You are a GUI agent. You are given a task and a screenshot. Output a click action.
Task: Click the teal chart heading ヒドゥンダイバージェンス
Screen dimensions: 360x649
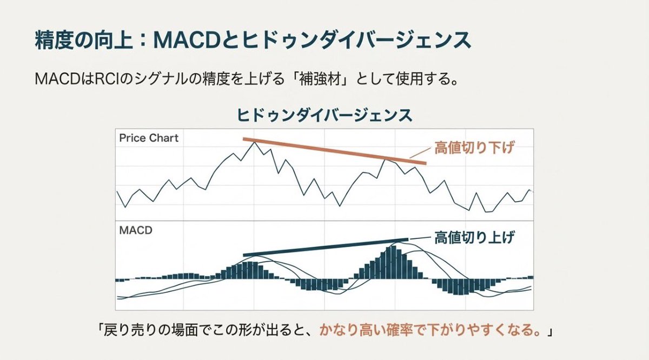(x=325, y=115)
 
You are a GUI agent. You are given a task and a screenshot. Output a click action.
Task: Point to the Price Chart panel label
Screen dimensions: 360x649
(x=149, y=138)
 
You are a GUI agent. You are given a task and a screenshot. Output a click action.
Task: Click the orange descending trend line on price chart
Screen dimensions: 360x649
(x=335, y=151)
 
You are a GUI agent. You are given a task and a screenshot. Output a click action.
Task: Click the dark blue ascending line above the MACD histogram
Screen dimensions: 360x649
(x=325, y=247)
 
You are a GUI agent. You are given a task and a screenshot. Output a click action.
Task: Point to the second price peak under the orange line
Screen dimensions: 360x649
(x=386, y=159)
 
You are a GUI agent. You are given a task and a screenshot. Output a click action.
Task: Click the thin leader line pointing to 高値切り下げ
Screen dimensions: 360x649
(x=418, y=154)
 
